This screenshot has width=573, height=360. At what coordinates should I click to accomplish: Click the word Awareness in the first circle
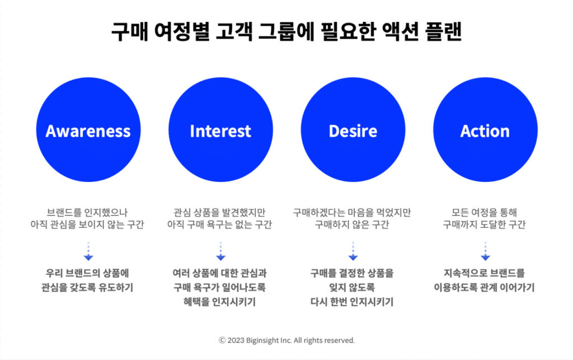pyautogui.click(x=88, y=131)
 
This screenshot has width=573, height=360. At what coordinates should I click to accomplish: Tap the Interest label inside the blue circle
pyautogui.click(x=220, y=131)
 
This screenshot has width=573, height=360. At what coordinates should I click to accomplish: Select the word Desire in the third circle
pyautogui.click(x=353, y=131)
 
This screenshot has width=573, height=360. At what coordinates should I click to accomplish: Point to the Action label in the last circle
pyautogui.click(x=485, y=131)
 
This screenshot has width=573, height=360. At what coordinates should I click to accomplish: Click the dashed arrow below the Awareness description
pyautogui.click(x=88, y=251)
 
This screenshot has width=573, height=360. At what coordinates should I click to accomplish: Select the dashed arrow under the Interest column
pyautogui.click(x=220, y=251)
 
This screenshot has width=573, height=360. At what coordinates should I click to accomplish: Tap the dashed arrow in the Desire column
pyautogui.click(x=353, y=251)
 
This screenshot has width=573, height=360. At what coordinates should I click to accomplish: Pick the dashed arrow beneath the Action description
pyautogui.click(x=485, y=251)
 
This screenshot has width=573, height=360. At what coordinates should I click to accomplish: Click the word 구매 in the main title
pyautogui.click(x=129, y=32)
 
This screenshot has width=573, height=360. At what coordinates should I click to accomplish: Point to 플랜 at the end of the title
pyautogui.click(x=444, y=32)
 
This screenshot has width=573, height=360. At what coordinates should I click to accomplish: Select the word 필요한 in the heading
pyautogui.click(x=348, y=32)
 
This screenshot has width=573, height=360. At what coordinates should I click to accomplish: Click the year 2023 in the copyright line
pyautogui.click(x=236, y=340)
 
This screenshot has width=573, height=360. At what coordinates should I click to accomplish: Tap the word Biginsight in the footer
pyautogui.click(x=262, y=340)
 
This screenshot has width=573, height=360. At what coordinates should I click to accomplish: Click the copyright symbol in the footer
pyautogui.click(x=222, y=340)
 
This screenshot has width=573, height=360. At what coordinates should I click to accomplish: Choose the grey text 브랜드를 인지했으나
pyautogui.click(x=87, y=212)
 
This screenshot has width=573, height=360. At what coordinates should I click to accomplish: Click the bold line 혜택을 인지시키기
pyautogui.click(x=219, y=302)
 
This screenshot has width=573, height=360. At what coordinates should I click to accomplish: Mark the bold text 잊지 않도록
pyautogui.click(x=352, y=288)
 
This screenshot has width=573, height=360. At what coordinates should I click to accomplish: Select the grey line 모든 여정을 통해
pyautogui.click(x=484, y=212)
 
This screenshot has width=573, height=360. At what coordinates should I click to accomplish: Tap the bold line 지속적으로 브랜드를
pyautogui.click(x=484, y=273)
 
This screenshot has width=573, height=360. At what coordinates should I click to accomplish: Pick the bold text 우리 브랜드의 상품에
pyautogui.click(x=87, y=273)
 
